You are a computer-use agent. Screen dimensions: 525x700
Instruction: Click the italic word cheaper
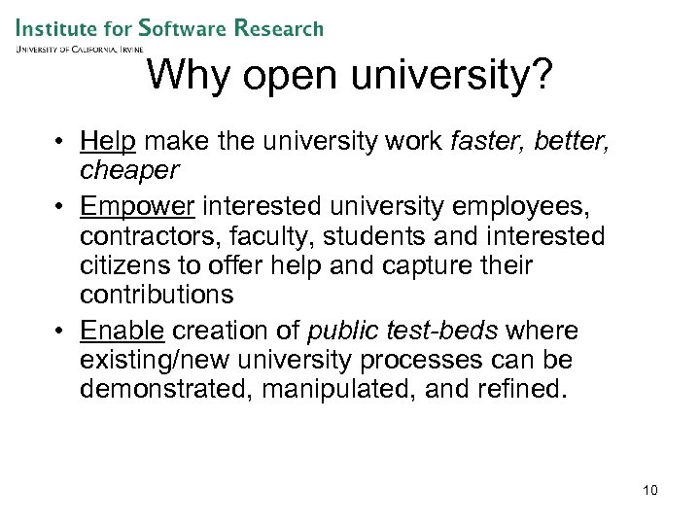click(129, 171)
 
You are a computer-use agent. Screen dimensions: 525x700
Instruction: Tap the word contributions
click(157, 294)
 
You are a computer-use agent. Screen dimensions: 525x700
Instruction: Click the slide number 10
click(650, 490)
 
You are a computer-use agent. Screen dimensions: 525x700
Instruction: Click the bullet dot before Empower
click(61, 208)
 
